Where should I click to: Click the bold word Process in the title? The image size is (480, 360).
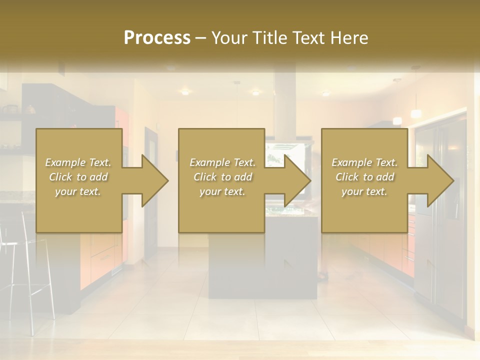[157, 38]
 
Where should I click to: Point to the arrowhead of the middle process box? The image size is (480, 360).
[297, 180]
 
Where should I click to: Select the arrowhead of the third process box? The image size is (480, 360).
[440, 180]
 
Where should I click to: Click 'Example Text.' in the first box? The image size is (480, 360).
[78, 162]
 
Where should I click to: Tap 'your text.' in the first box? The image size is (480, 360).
[78, 191]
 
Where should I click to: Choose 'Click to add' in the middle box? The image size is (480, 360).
[222, 177]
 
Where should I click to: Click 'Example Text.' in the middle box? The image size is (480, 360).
[222, 162]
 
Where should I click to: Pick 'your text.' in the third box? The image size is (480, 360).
[364, 191]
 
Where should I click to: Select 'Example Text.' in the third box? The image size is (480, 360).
[364, 162]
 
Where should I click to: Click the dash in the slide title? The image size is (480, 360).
[200, 38]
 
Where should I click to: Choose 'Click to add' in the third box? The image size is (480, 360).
[364, 177]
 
